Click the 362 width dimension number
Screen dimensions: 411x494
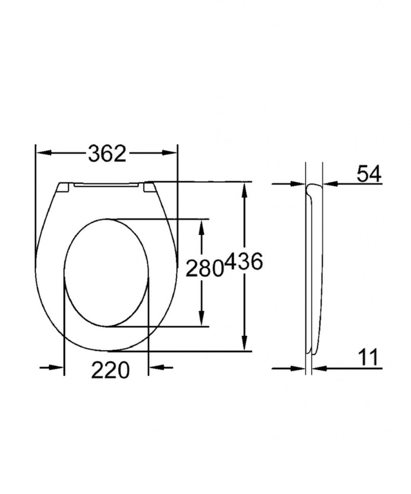107,153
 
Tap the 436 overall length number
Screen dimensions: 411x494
244,261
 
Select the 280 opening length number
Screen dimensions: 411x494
205,269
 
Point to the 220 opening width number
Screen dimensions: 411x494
110,370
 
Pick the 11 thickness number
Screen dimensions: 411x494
369,357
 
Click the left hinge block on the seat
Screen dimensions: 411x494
65,188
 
